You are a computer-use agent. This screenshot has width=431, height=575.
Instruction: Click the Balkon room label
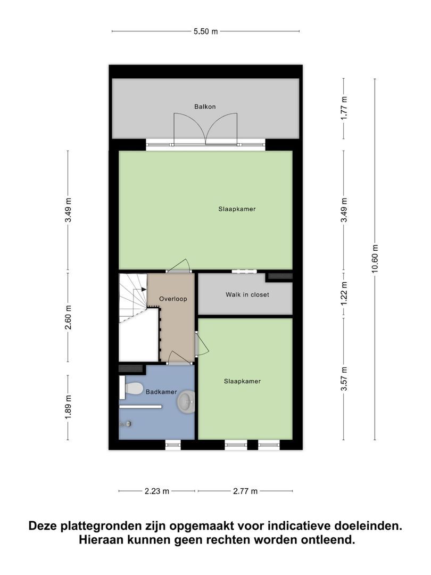click(x=205, y=106)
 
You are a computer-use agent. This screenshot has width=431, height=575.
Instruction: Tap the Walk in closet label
click(x=247, y=294)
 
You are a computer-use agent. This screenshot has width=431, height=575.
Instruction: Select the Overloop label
click(x=173, y=299)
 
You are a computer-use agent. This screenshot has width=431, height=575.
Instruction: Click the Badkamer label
click(x=161, y=392)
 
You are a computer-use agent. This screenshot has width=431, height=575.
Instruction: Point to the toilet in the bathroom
click(x=131, y=388)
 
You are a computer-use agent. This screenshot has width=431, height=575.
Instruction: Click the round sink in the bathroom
click(x=187, y=401)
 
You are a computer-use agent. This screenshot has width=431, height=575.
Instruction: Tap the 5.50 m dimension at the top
click(x=205, y=31)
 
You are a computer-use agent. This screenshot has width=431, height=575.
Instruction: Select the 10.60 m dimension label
click(x=375, y=259)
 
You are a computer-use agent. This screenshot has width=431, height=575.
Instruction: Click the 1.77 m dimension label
click(x=344, y=108)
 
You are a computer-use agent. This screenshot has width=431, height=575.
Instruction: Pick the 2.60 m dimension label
click(x=68, y=317)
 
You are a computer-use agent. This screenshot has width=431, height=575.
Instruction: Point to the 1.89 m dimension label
click(x=68, y=407)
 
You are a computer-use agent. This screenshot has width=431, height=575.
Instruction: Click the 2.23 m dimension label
click(x=157, y=491)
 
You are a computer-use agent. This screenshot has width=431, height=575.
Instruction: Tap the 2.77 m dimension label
click(x=245, y=491)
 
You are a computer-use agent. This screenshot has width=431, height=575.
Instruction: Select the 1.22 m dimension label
click(x=344, y=293)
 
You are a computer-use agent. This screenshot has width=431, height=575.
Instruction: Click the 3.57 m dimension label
click(x=344, y=379)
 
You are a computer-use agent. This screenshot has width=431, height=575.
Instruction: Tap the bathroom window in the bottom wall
click(x=173, y=445)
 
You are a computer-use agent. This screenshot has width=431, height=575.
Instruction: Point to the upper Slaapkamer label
click(x=237, y=209)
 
